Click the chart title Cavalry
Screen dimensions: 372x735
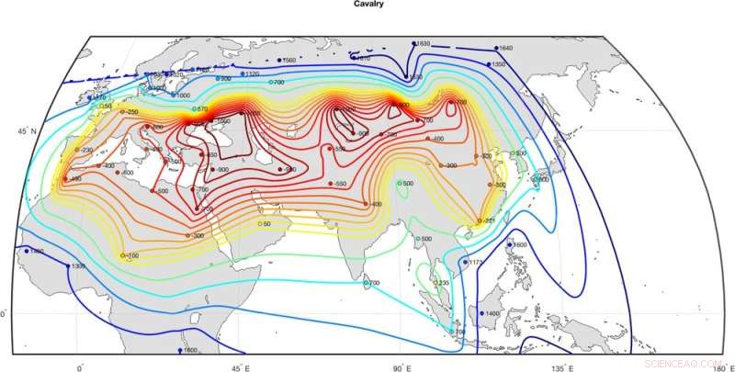(x=367, y=5)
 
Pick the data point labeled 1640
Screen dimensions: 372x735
(x=496, y=48)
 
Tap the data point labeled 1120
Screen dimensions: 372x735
(x=243, y=73)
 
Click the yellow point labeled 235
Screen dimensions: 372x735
(x=435, y=283)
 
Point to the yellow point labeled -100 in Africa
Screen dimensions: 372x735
(x=123, y=254)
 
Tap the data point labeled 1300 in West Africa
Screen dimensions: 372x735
(x=66, y=265)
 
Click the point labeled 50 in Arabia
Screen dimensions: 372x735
(x=259, y=223)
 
